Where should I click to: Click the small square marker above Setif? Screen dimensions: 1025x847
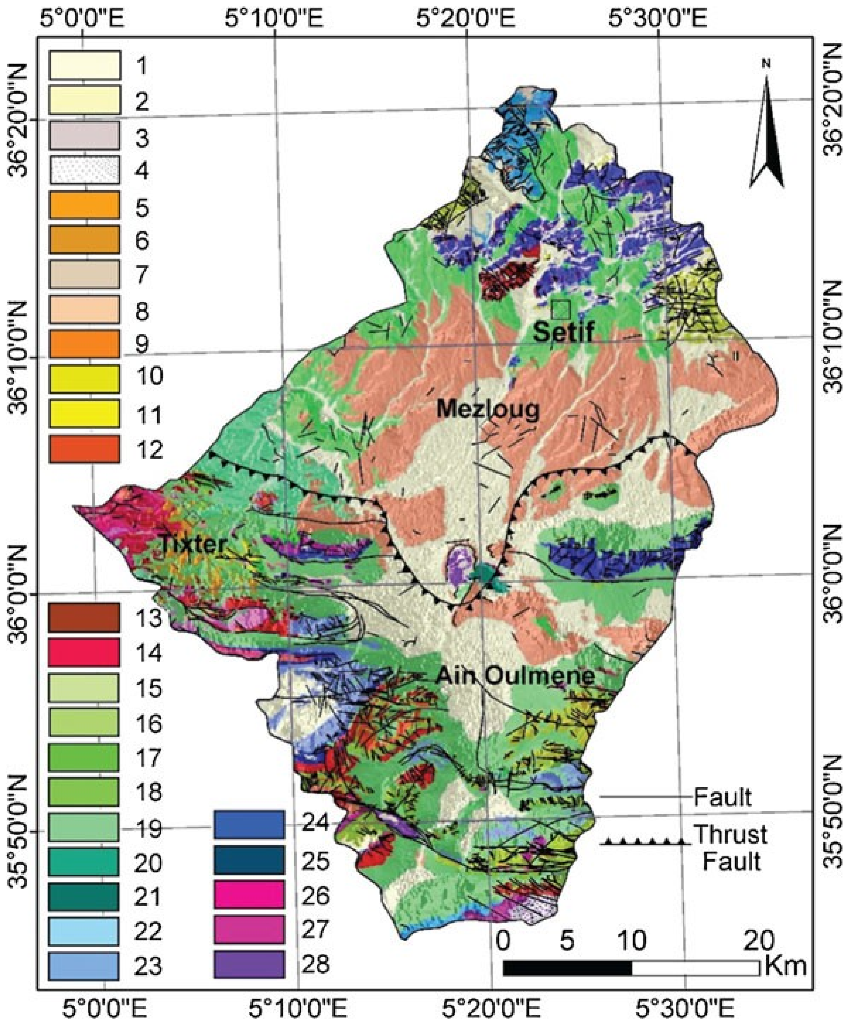[x=561, y=308]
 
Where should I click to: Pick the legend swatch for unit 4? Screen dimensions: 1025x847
[x=84, y=170]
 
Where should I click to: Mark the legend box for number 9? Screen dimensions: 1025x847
[x=84, y=344]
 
